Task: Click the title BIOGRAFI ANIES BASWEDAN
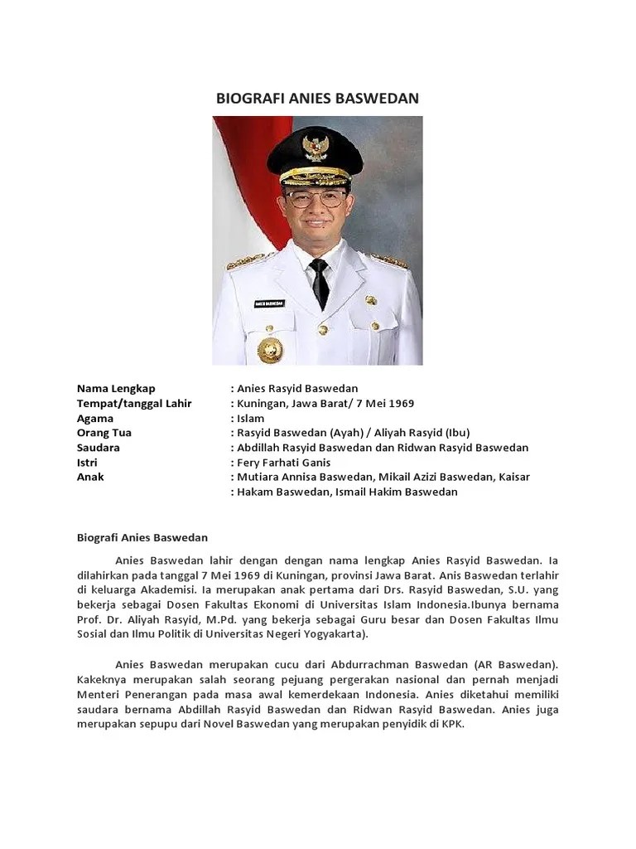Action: pos(317,98)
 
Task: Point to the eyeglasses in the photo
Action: pos(316,199)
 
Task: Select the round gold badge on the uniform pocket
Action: pos(270,349)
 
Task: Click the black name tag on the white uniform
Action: pos(270,303)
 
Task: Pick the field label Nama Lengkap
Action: pos(116,388)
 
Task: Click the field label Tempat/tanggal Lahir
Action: pos(134,403)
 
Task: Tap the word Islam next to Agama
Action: pos(250,418)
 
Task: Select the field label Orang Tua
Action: pos(104,433)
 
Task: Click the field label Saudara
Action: pos(99,448)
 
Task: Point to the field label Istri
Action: pos(88,463)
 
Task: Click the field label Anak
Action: pos(90,478)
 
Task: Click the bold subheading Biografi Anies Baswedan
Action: pos(142,537)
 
